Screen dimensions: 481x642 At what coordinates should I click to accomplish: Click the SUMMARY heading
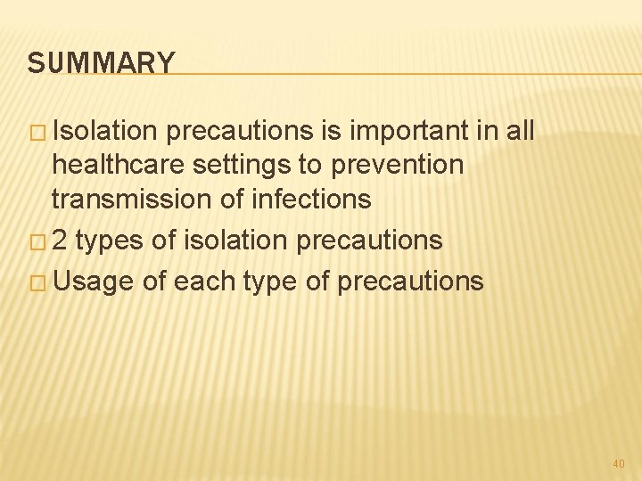pyautogui.click(x=101, y=63)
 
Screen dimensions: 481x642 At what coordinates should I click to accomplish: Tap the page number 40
pyautogui.click(x=619, y=463)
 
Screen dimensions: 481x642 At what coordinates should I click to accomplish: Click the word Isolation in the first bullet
pyautogui.click(x=106, y=132)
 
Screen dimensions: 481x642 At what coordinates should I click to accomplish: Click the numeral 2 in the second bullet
pyautogui.click(x=61, y=240)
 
